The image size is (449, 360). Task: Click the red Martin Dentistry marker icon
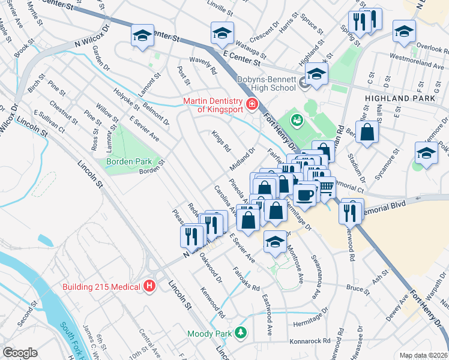[x=252, y=105]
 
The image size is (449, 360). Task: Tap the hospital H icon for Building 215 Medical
[x=149, y=287]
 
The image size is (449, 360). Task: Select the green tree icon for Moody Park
[x=241, y=332]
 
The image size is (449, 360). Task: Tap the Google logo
[x=20, y=353]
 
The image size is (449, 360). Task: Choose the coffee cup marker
[x=305, y=194]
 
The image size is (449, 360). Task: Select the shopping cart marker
[x=325, y=187]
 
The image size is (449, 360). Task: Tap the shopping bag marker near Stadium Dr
[x=367, y=131]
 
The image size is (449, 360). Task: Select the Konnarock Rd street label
[x=310, y=340]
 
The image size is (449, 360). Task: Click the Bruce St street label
[x=358, y=289]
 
